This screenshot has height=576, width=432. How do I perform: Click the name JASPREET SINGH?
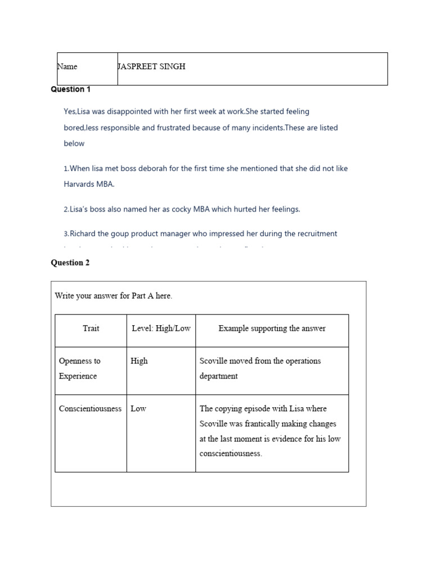click(151, 66)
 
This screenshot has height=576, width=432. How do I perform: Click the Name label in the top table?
click(67, 66)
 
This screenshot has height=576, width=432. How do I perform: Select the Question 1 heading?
click(71, 89)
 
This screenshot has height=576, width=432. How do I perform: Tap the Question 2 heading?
click(70, 263)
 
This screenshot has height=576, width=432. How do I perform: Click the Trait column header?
click(91, 328)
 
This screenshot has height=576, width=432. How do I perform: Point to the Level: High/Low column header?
click(161, 328)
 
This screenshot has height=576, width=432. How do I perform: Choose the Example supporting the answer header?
click(272, 328)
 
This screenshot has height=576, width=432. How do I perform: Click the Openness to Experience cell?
click(80, 368)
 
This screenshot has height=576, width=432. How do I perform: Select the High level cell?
click(139, 361)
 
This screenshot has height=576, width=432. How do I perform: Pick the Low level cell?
click(138, 409)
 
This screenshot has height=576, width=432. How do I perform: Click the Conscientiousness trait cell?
click(90, 409)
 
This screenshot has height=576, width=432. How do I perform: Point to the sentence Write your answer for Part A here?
click(113, 296)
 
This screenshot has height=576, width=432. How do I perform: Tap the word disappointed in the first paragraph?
click(136, 112)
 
